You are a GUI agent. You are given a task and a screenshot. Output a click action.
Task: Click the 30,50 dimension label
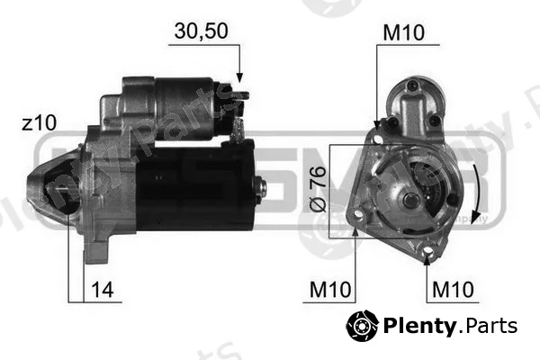201,31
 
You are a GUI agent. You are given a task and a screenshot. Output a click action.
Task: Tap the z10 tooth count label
39,123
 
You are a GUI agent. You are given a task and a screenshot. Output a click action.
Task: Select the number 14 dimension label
103,290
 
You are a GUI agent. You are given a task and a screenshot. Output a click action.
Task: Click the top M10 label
403,32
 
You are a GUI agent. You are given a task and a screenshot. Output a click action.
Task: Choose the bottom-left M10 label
330,290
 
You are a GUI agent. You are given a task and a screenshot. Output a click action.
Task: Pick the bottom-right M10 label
453,290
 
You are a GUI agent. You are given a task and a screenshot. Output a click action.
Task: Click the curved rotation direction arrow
478,193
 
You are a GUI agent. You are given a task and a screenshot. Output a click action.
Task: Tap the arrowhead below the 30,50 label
239,78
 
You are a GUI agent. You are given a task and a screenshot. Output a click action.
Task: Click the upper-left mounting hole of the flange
377,139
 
